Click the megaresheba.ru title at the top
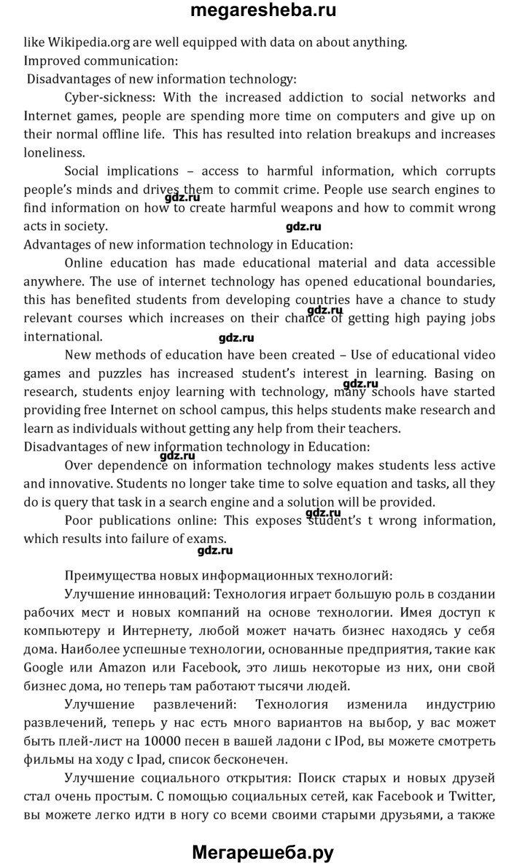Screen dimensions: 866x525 tap(262, 12)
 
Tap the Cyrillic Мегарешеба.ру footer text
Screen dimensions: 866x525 tap(262, 849)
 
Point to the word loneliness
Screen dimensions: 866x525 tap(54, 152)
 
